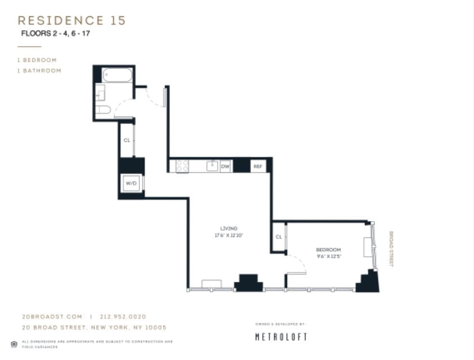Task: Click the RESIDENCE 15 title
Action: click(x=71, y=20)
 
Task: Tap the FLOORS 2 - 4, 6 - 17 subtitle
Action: click(x=56, y=34)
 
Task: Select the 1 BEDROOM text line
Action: click(x=37, y=60)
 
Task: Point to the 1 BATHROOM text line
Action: click(x=40, y=70)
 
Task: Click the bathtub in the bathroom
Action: click(x=117, y=75)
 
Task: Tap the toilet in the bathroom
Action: click(x=103, y=110)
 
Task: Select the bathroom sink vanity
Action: click(x=100, y=92)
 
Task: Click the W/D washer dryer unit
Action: click(x=131, y=184)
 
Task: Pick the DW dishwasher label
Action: click(x=225, y=166)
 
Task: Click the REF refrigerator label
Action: click(x=258, y=166)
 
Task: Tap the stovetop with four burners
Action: click(x=182, y=166)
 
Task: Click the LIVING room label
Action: click(x=229, y=228)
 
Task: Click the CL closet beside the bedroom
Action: click(x=279, y=237)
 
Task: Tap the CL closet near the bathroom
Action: click(x=127, y=140)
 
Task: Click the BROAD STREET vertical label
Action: click(x=391, y=249)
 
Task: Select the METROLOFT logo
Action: click(x=281, y=337)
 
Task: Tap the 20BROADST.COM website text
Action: click(x=52, y=317)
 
